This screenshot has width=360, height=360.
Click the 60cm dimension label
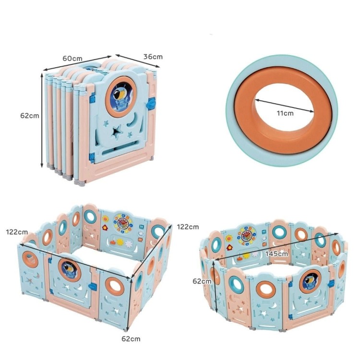[72, 58]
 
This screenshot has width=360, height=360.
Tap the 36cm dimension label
[153, 57]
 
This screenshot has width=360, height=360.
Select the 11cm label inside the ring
[285, 113]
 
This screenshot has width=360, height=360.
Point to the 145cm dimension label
[276, 254]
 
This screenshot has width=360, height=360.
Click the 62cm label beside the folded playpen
[30, 116]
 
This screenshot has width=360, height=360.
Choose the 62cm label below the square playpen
[131, 339]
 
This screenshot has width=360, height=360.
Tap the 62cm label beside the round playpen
[202, 281]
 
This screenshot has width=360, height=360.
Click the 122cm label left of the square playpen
[17, 232]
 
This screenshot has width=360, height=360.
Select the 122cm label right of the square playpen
[188, 227]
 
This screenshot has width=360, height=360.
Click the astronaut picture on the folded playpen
[121, 96]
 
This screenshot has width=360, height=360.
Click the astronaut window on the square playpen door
[69, 269]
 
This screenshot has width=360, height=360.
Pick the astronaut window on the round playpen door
[310, 281]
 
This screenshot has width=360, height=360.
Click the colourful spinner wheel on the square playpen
[123, 222]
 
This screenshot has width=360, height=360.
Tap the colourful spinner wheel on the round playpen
[247, 235]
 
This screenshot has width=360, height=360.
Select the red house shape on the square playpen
[105, 228]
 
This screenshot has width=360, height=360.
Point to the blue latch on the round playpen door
[331, 284]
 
